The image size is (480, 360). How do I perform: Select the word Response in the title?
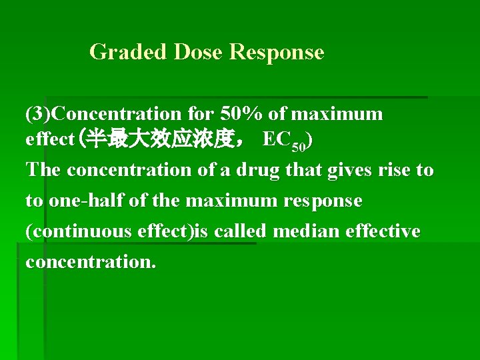point(277,52)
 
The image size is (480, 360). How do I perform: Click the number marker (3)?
point(36,114)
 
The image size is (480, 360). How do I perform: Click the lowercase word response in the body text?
point(321,201)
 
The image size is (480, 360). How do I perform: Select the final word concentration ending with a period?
point(91,262)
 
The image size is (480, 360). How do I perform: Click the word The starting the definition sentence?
point(43,170)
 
